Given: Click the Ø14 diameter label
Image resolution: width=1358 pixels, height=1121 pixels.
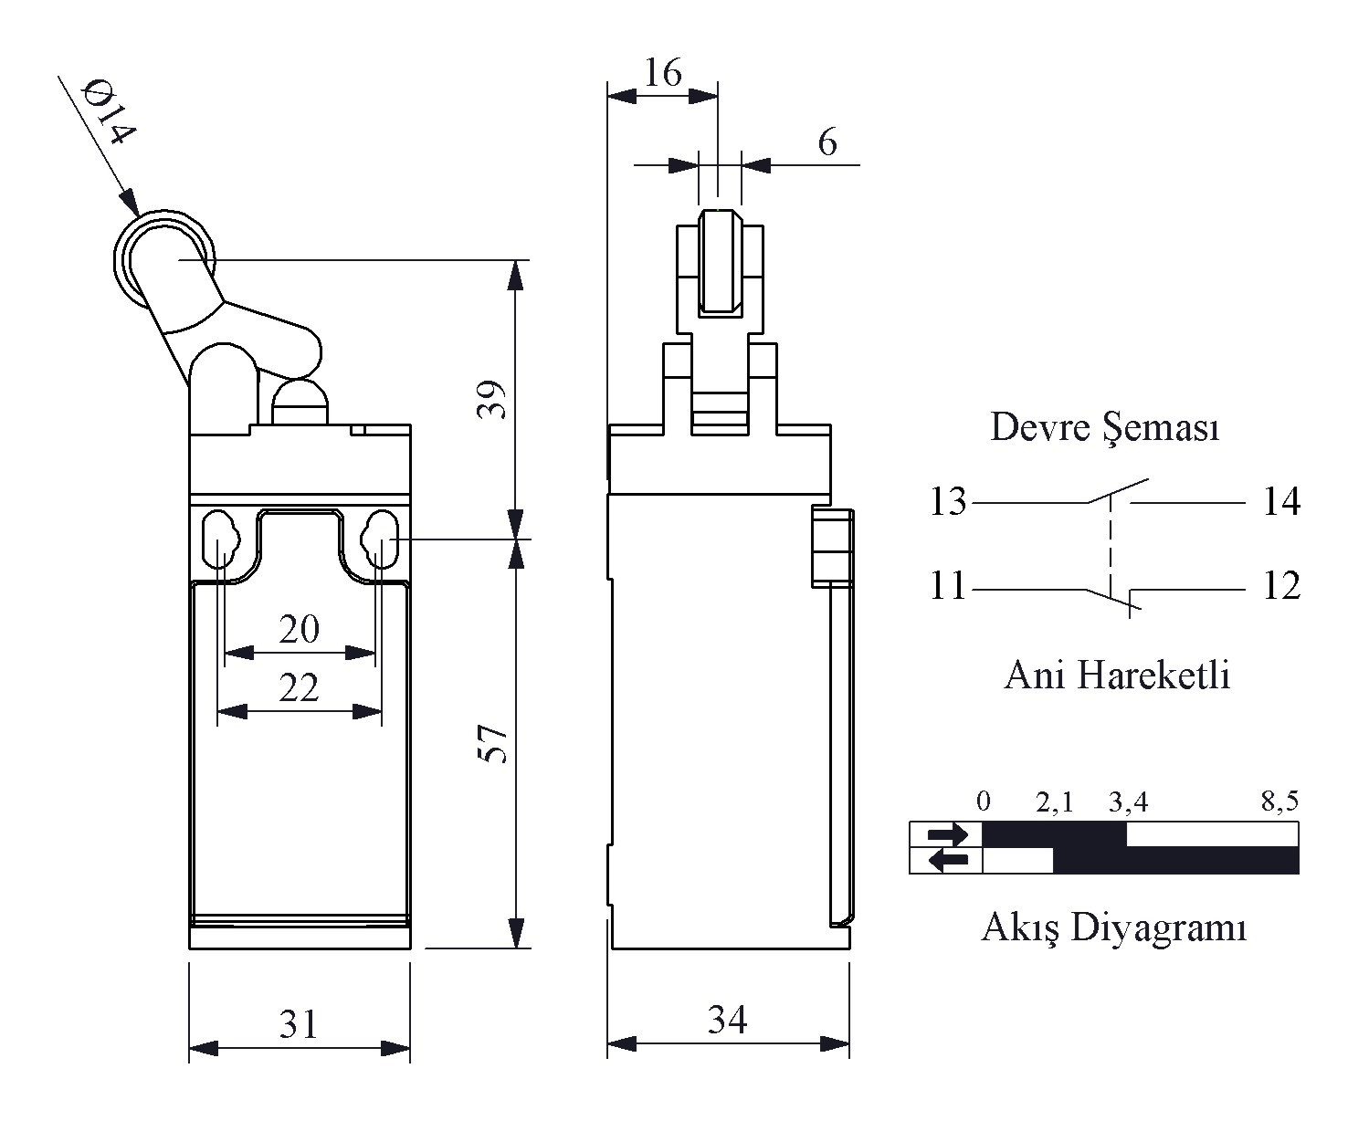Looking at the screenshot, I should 109,114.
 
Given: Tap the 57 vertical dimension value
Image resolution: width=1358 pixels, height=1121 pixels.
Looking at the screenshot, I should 491,744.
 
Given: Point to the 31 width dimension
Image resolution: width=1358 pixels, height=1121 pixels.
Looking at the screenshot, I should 299,1024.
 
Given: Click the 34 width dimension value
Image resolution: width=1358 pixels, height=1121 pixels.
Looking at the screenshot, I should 727,1020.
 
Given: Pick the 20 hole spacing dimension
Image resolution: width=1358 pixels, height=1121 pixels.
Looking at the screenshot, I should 299,629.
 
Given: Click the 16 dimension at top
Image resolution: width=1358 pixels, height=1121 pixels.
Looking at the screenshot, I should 662,73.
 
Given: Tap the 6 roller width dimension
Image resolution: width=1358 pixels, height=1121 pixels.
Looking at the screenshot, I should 827,143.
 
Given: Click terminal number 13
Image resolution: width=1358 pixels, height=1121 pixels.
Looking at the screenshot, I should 947,501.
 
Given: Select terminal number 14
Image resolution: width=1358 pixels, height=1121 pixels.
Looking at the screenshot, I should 1280,501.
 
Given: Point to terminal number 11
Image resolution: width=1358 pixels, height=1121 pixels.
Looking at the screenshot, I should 947,586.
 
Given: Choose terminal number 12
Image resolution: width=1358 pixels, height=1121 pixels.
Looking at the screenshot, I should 1280,586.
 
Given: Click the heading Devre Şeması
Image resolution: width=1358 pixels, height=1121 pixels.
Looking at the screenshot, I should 1105,427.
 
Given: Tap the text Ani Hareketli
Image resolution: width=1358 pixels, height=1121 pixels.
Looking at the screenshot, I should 1117,675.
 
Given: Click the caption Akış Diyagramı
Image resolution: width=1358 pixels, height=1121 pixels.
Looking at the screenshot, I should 1114,927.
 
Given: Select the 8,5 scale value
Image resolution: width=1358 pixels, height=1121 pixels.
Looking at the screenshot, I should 1279,801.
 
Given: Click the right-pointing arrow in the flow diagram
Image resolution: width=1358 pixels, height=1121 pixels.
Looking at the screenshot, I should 946,834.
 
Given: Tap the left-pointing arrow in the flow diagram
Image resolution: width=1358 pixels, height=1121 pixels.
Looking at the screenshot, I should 946,860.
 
